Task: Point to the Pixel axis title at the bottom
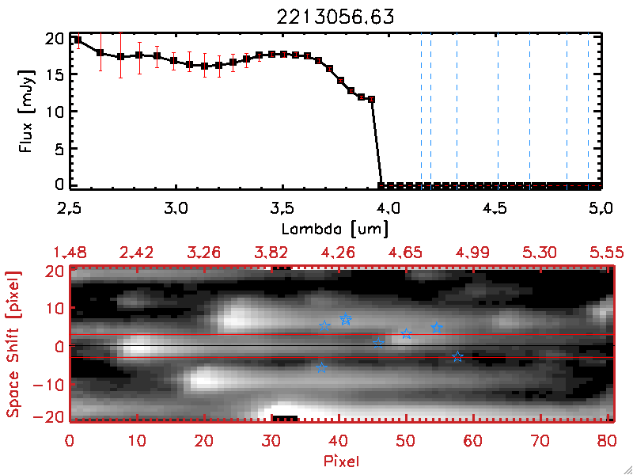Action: [x=343, y=460]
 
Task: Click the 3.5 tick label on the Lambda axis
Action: [x=282, y=209]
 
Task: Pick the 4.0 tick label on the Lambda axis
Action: [x=388, y=209]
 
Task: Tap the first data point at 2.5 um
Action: [x=78, y=40]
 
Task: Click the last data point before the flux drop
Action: [x=371, y=99]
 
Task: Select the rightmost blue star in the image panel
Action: [x=457, y=357]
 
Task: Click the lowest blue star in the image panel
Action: [x=321, y=367]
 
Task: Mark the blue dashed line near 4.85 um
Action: [x=567, y=111]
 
